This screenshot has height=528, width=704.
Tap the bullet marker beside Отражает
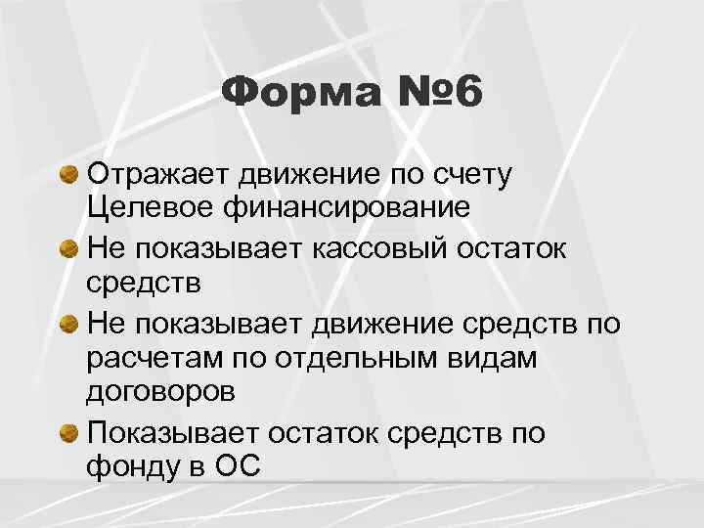click(x=70, y=175)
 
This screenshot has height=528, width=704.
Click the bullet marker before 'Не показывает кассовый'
click(x=70, y=249)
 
